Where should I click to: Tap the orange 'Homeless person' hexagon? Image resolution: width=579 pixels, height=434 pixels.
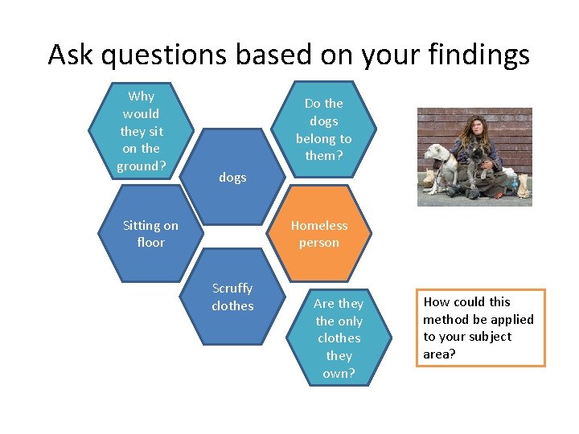319,234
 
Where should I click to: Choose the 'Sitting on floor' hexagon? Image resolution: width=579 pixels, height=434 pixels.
150,234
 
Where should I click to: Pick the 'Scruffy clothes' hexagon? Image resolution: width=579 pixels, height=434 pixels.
232,297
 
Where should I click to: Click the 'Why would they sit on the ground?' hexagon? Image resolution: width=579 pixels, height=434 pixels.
142,131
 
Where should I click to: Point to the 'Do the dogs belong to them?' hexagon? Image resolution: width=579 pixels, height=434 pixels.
323,129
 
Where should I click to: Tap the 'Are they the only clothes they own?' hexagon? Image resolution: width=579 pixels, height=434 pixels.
339,338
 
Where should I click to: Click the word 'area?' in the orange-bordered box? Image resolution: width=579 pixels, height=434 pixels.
440,354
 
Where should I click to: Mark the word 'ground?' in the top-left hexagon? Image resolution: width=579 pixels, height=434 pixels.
142,166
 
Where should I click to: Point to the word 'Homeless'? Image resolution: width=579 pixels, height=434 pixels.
319,225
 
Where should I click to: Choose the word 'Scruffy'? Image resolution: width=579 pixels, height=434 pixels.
232,288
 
